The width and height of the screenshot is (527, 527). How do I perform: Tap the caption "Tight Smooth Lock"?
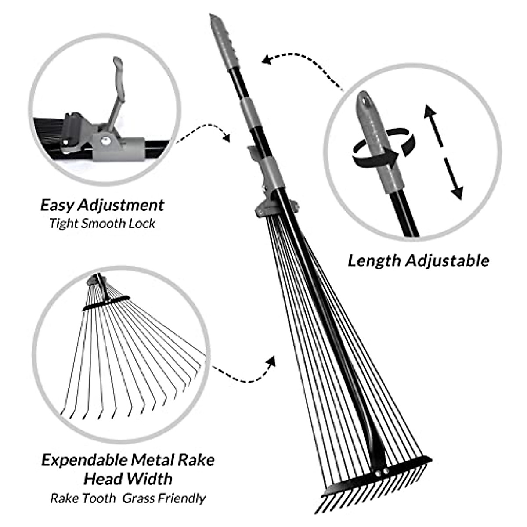[x=102, y=224]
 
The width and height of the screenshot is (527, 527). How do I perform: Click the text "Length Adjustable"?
[x=418, y=260]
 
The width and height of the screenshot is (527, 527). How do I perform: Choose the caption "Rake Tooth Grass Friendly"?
[x=128, y=498]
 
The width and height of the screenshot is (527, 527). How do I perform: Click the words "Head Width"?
[x=128, y=478]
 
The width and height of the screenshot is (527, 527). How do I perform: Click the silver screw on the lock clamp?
[x=105, y=140]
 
